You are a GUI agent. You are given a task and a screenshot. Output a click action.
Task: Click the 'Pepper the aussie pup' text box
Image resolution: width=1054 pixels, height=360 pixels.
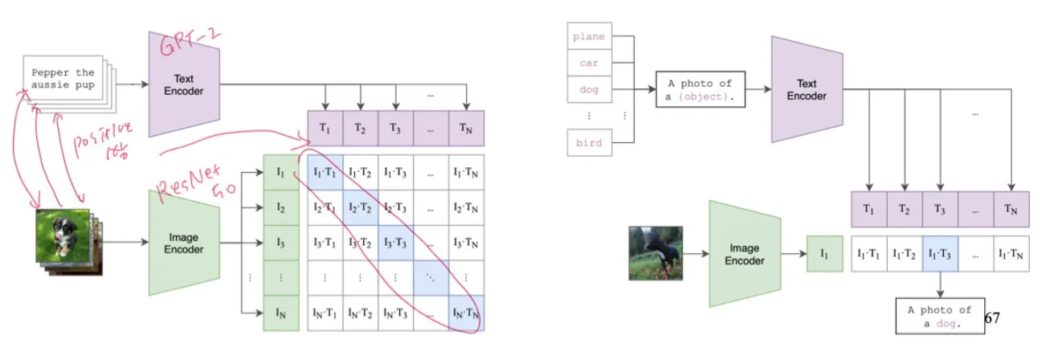(x=63, y=78)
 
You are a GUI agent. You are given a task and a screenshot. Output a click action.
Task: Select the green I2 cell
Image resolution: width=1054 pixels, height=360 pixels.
(x=280, y=207)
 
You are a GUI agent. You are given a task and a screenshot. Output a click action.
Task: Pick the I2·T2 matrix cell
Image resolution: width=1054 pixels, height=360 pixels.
(x=361, y=207)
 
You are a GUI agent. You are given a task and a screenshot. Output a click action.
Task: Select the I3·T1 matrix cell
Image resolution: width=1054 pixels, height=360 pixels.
(x=325, y=243)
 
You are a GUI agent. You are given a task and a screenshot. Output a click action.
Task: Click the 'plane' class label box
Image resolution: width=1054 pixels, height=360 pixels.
(x=590, y=35)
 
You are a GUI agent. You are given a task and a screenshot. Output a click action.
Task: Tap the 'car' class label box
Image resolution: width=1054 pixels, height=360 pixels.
(x=590, y=63)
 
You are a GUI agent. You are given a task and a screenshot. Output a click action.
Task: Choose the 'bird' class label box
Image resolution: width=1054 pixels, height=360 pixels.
(x=590, y=143)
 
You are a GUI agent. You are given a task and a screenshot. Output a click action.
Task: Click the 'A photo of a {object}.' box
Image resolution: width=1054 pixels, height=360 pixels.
(x=700, y=90)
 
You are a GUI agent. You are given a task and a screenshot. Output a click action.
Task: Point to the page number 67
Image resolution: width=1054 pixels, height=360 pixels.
(x=991, y=318)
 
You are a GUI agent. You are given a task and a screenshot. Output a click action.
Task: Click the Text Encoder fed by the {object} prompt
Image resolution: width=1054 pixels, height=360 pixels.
(x=807, y=89)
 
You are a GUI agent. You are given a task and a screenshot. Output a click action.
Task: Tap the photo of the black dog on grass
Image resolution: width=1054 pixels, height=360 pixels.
(x=656, y=253)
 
